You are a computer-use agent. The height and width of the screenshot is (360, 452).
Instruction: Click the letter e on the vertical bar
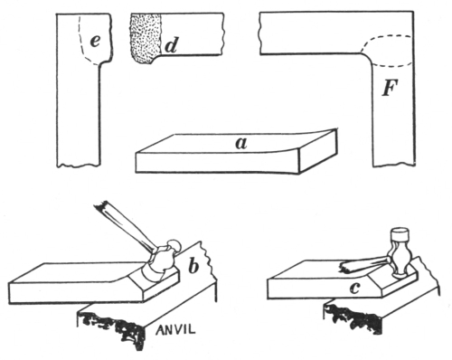pyautogui.click(x=95, y=42)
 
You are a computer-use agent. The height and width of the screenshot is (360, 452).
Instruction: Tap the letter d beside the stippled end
pyautogui.click(x=172, y=45)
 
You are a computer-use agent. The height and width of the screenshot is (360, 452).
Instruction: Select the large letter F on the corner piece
pyautogui.click(x=391, y=88)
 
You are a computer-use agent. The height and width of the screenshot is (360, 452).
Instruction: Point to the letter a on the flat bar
pyautogui.click(x=241, y=144)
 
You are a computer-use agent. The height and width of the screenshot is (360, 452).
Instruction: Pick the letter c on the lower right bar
pyautogui.click(x=354, y=289)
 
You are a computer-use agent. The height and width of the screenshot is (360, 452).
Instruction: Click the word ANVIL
pyautogui.click(x=175, y=329)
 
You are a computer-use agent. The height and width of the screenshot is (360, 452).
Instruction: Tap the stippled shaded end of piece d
pyautogui.click(x=146, y=39)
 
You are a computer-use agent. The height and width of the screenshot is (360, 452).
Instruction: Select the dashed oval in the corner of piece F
pyautogui.click(x=387, y=52)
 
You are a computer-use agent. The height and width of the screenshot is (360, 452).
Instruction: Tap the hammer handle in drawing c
pyautogui.click(x=365, y=264)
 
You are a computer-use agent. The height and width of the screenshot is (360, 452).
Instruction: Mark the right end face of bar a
pyautogui.click(x=318, y=151)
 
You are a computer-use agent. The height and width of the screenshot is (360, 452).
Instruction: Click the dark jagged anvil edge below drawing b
pyautogui.click(x=111, y=327)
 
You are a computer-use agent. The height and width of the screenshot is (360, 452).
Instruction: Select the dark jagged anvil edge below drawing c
pyautogui.click(x=354, y=317)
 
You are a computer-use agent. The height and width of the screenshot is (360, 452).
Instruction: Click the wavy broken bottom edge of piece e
pyautogui.click(x=78, y=165)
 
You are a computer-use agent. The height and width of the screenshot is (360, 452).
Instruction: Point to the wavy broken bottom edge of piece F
pyautogui.click(x=394, y=165)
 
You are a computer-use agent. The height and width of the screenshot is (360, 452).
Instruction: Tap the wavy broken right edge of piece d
pyautogui.click(x=223, y=33)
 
